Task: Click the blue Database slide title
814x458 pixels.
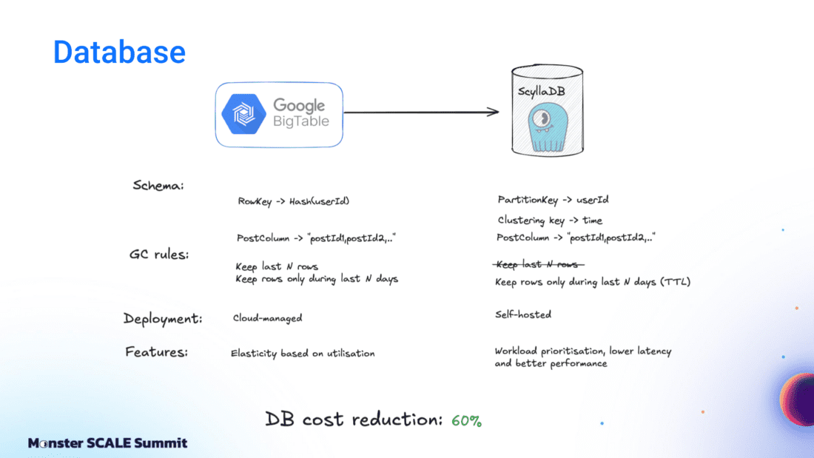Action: coord(119,52)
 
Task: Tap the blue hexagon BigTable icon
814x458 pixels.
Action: coord(244,114)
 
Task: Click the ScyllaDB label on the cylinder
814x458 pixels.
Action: coord(548,92)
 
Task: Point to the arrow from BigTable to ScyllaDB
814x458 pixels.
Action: coord(422,112)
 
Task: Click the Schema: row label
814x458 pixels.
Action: coord(158,186)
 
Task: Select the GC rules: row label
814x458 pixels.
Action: coord(158,255)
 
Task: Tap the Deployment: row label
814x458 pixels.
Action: coord(163,319)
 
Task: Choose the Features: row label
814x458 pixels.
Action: coord(156,352)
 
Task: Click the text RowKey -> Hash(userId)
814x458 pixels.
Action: coord(293,201)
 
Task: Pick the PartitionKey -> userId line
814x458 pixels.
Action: coord(554,200)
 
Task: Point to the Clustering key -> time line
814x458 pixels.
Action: coord(550,220)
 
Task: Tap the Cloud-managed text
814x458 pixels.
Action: coord(267,317)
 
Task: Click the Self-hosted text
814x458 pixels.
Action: coord(523,314)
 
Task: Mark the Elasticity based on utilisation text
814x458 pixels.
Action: coord(303,353)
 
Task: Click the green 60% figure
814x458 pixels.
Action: coord(466,421)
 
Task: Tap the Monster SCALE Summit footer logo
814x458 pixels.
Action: coord(107,443)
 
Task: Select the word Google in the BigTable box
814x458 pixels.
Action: coord(299,105)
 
